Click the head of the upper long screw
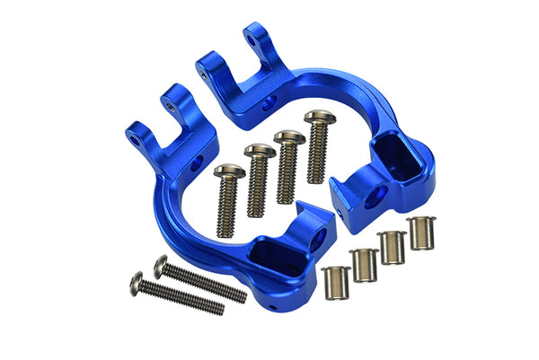tap(161, 265)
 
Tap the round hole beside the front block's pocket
tap(315, 238)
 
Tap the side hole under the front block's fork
tap(197, 164)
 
